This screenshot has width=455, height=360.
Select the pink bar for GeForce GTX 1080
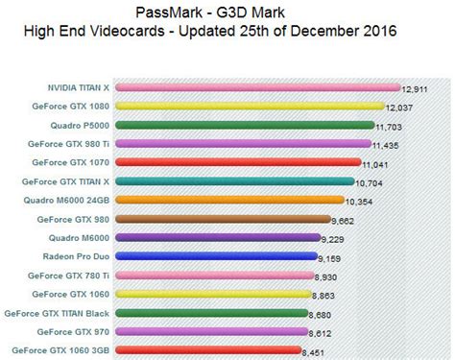(x=249, y=107)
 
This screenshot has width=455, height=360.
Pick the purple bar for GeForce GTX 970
(x=211, y=331)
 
